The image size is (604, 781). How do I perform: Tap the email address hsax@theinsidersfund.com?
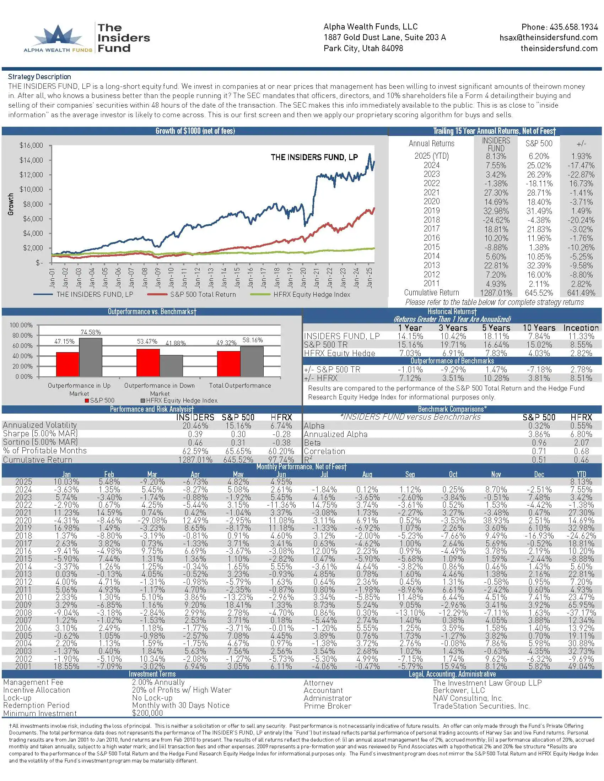pyautogui.click(x=548, y=38)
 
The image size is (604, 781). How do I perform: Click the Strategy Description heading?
pyautogui.click(x=39, y=77)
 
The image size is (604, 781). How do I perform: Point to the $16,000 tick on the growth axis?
pyautogui.click(x=31, y=145)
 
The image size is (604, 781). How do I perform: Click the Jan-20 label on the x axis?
pyautogui.click(x=303, y=278)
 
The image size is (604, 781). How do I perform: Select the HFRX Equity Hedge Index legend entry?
pyautogui.click(x=311, y=294)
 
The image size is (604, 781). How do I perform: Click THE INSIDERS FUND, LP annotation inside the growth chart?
pyautogui.click(x=314, y=157)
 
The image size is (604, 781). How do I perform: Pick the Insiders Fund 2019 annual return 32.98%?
pyautogui.click(x=496, y=211)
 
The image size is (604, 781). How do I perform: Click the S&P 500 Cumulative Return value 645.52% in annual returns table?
pyautogui.click(x=539, y=293)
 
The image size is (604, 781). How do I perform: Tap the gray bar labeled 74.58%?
pyautogui.click(x=91, y=357)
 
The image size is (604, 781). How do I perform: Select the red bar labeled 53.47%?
pyautogui.click(x=148, y=362)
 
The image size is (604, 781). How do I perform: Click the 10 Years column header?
pyautogui.click(x=539, y=328)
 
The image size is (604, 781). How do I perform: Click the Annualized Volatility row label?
pyautogui.click(x=40, y=425)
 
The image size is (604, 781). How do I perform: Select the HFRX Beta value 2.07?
pyautogui.click(x=581, y=443)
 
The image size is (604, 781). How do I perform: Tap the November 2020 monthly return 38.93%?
pyautogui.click(x=496, y=520)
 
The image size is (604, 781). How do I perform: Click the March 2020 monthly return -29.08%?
pyautogui.click(x=152, y=520)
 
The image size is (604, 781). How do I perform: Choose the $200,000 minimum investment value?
pyautogui.click(x=147, y=713)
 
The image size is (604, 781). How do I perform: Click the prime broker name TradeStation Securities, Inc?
pyautogui.click(x=481, y=706)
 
